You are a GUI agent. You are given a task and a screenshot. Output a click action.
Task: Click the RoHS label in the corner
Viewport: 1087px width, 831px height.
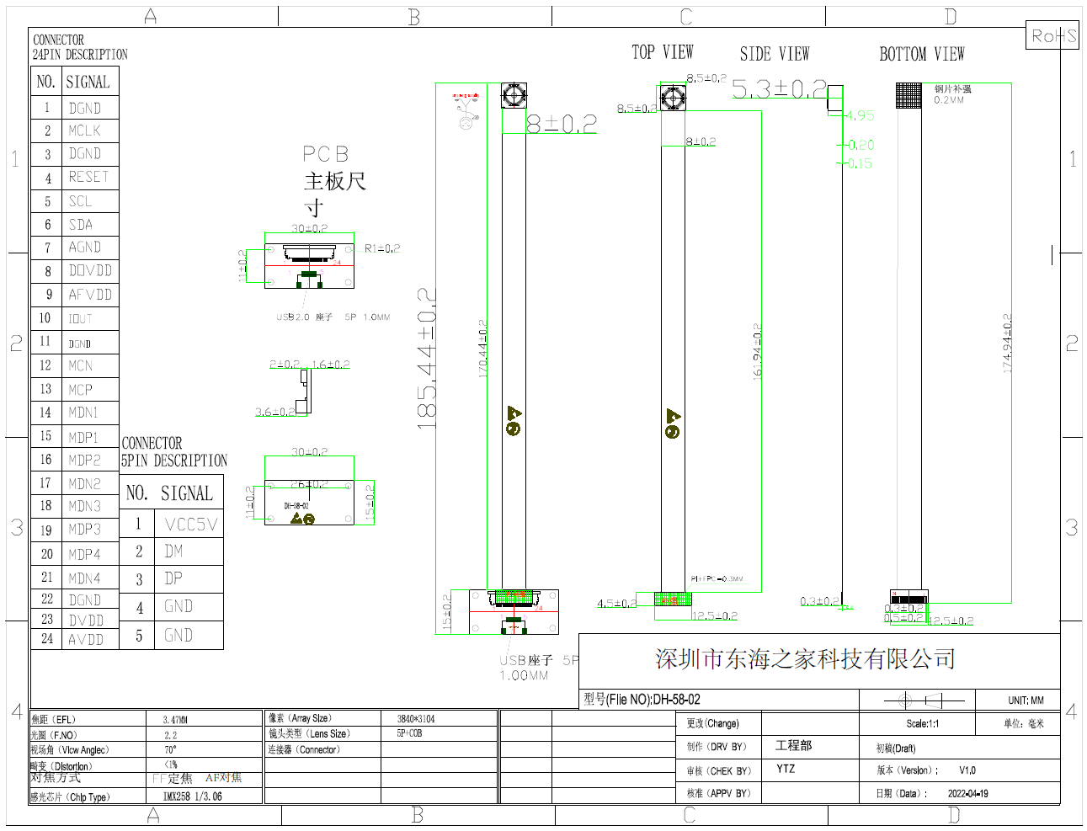point(1053,36)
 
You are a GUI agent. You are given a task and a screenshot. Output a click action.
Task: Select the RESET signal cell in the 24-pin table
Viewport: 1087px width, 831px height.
point(88,177)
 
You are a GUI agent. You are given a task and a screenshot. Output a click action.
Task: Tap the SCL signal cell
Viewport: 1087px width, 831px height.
point(81,201)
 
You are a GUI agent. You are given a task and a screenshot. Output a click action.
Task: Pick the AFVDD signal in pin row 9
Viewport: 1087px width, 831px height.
point(90,295)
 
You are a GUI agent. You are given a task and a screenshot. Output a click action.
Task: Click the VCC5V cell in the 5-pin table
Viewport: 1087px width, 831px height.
point(191,525)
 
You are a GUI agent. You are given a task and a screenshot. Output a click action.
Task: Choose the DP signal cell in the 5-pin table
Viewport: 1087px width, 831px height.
point(173,578)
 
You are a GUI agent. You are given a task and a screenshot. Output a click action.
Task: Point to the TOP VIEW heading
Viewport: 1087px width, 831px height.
point(663,53)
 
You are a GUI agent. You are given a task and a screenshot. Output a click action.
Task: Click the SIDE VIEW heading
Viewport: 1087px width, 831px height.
point(774,55)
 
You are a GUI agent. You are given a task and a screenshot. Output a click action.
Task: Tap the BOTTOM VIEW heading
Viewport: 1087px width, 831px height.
point(921,55)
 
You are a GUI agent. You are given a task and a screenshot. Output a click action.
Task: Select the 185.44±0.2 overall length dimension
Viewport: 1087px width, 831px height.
point(428,358)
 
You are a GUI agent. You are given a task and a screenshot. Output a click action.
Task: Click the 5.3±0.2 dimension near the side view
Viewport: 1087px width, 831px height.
point(779,88)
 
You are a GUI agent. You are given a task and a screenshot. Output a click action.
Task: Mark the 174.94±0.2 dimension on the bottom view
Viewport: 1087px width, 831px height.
point(1007,343)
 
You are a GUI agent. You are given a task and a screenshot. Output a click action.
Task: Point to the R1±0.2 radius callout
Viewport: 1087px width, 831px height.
point(382,248)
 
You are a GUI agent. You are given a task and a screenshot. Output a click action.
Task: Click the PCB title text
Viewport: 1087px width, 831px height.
point(325,154)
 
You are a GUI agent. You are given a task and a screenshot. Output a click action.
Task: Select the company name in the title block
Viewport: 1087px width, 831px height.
point(805,659)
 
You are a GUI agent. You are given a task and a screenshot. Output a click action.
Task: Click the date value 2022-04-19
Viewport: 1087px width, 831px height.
point(967,793)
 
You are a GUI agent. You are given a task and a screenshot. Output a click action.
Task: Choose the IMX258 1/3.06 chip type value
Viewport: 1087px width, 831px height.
point(192,796)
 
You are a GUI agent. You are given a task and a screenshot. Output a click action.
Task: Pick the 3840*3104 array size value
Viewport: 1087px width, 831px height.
point(416,719)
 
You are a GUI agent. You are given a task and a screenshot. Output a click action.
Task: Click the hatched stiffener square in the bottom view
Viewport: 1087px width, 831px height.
point(908,96)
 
